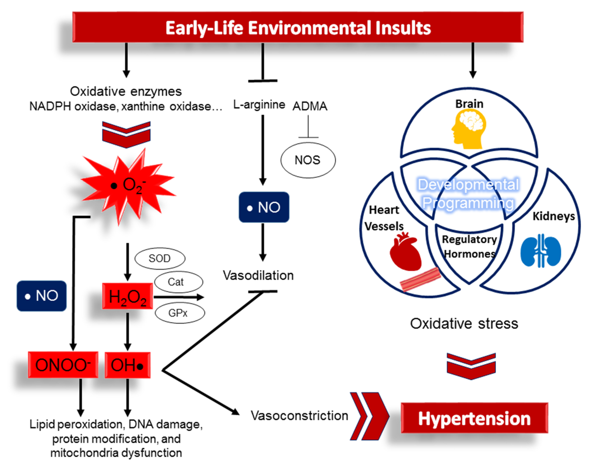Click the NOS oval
308,160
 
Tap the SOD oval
160,258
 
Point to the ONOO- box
63,365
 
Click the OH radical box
127,365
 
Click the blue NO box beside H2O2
42,296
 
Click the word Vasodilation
258,275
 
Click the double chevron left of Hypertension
369,416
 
